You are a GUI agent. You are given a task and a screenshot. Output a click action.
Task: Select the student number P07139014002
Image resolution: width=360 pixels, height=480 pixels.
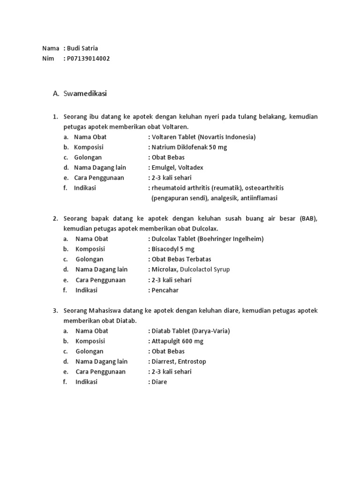click(x=89, y=59)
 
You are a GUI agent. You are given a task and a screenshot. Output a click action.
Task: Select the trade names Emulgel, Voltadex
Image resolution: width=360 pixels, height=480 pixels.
click(x=177, y=167)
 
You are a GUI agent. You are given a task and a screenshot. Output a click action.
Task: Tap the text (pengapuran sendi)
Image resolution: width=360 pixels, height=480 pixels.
click(x=180, y=198)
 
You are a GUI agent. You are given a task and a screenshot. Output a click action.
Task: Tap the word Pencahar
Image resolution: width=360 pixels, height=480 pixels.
click(x=165, y=290)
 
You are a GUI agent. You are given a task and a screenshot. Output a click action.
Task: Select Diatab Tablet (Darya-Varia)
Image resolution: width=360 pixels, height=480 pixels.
click(x=190, y=331)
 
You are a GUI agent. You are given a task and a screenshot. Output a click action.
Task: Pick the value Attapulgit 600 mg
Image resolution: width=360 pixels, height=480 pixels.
click(x=177, y=341)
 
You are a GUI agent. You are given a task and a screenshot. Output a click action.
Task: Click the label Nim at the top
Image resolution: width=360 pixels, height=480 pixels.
click(x=48, y=59)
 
